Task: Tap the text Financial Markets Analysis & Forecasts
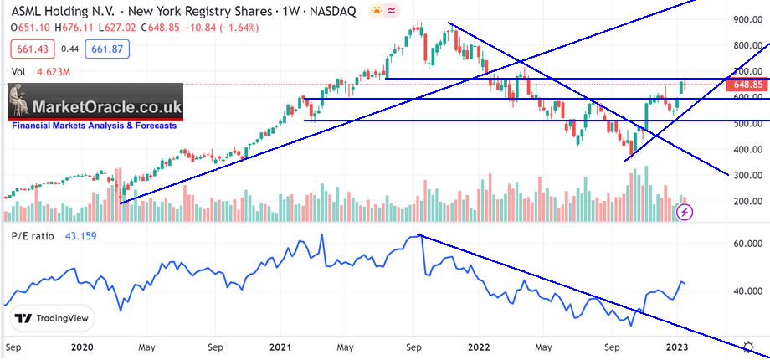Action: (x=94, y=126)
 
